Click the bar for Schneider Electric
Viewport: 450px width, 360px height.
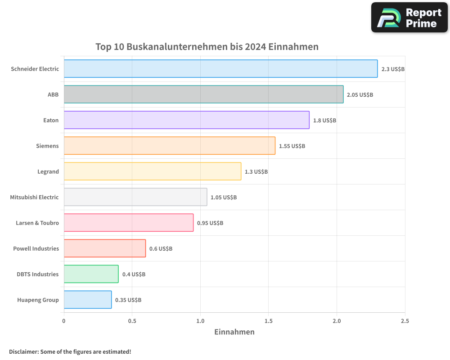220,69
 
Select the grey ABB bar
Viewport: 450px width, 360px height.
203,94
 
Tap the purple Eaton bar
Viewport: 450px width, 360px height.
186,120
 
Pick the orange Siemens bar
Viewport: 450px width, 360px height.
169,146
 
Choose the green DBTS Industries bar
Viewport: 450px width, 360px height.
91,274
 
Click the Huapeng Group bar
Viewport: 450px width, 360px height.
88,300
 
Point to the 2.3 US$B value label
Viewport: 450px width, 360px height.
393,69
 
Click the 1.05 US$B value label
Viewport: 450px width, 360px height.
224,198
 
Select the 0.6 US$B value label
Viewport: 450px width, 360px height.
161,249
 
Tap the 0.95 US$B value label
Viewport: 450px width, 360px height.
210,223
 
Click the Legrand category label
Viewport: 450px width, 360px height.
48,171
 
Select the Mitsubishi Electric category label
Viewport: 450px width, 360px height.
34,197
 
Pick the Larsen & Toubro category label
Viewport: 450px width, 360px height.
37,223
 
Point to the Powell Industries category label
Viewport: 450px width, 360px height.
36,248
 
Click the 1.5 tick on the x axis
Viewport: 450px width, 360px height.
268,321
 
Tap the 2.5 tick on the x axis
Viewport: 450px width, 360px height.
405,321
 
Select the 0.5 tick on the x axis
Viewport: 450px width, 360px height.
132,321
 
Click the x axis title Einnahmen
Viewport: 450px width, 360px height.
234,332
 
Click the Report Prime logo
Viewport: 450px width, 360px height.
409,18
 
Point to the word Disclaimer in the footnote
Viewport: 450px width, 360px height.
23,351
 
